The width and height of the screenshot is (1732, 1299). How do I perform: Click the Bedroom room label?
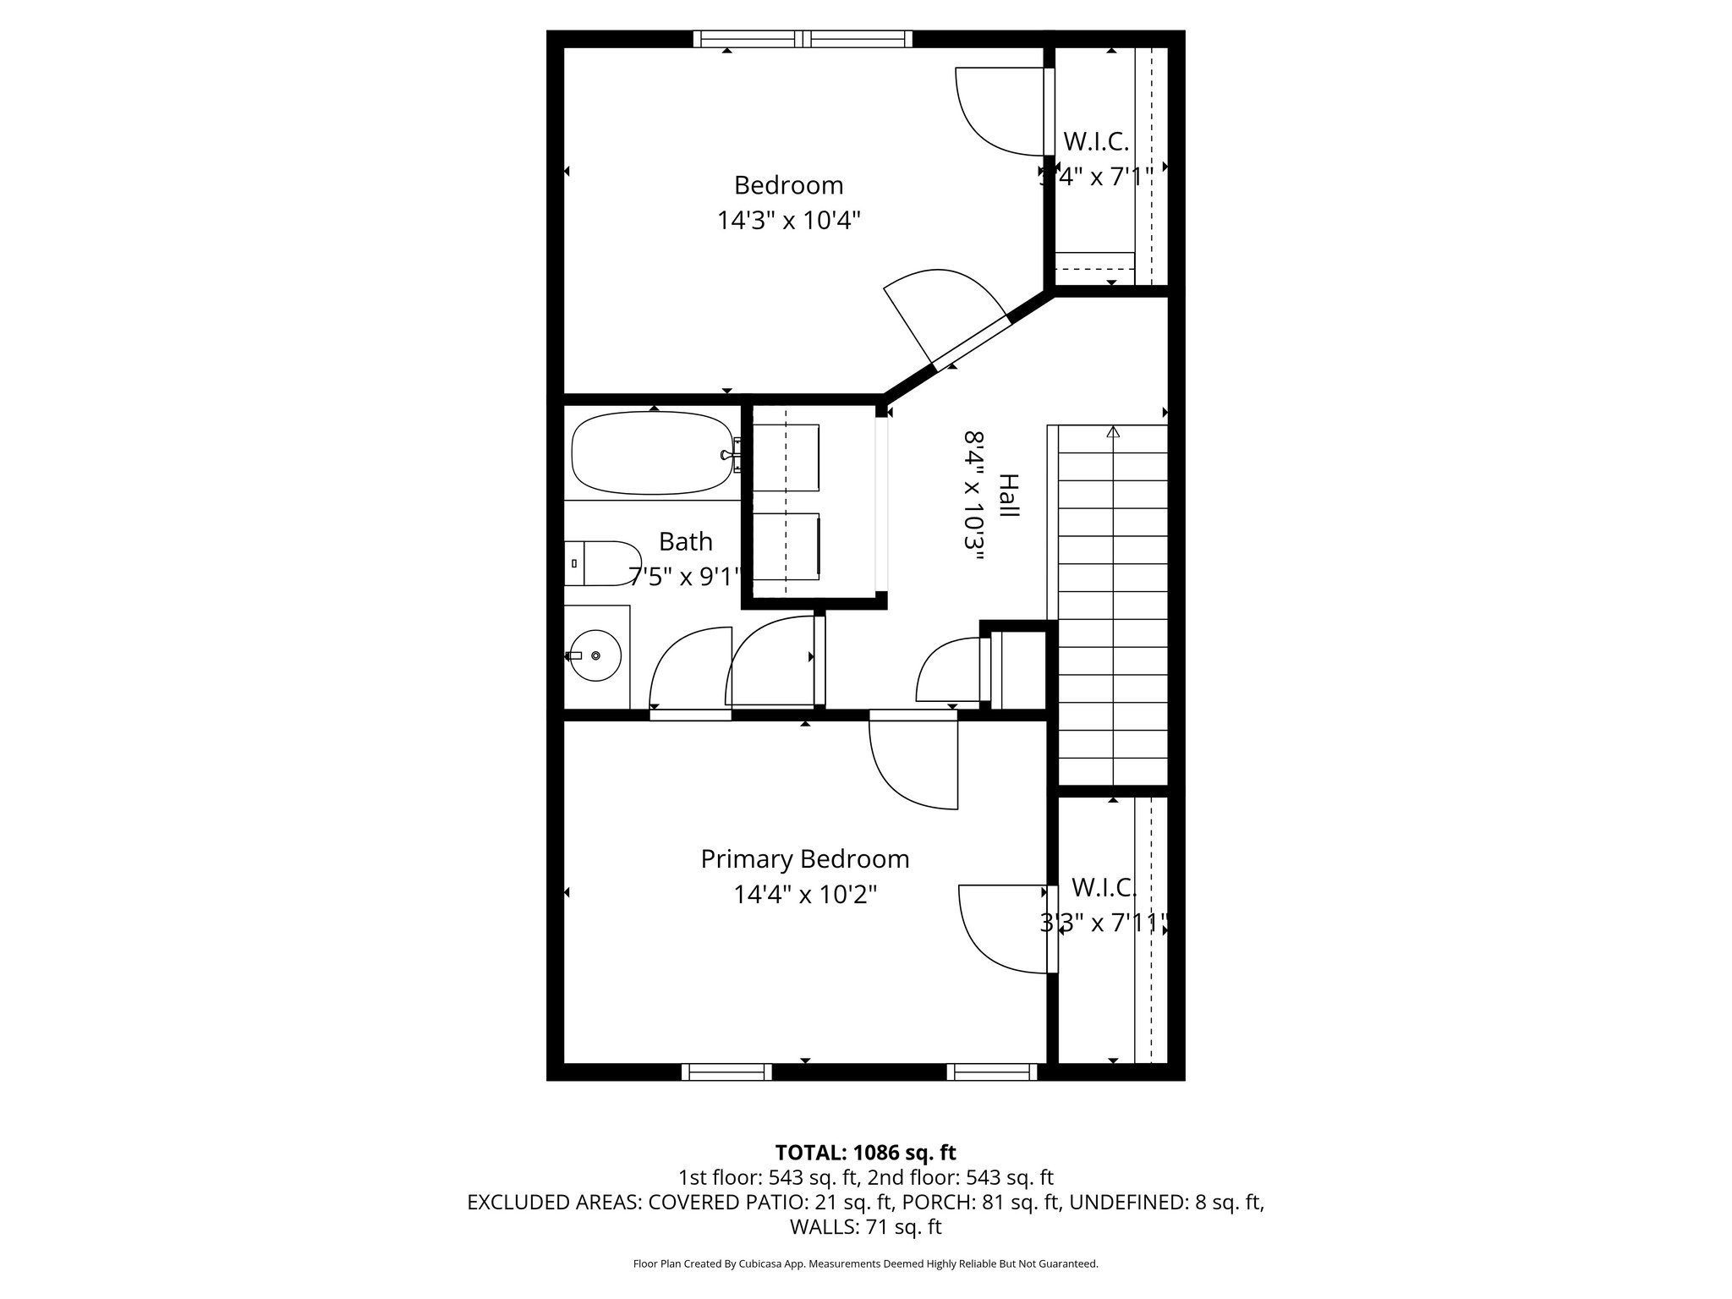point(788,184)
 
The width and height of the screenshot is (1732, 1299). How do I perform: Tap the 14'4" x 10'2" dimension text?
point(804,894)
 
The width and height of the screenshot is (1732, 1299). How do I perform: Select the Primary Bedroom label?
point(804,858)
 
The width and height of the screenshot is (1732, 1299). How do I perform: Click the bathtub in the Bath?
point(652,453)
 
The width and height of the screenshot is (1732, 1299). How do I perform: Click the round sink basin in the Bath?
point(596,655)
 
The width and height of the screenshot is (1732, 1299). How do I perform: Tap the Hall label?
point(1009,496)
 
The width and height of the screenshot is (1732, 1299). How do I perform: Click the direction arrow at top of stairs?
point(1113,432)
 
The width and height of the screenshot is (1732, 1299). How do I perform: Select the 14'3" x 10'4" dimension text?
point(788,221)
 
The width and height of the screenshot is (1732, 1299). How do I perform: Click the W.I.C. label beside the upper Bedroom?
point(1096,140)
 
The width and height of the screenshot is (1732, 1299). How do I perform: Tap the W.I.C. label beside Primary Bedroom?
point(1104,887)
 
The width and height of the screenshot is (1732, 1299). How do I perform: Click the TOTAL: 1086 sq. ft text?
point(865,1152)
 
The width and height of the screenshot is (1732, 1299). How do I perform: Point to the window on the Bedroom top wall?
point(803,38)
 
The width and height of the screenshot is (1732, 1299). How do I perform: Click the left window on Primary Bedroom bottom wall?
point(726,1072)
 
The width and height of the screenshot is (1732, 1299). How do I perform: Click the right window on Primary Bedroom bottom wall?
point(991,1072)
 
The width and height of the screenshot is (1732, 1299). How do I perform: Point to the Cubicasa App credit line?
point(865,1263)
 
